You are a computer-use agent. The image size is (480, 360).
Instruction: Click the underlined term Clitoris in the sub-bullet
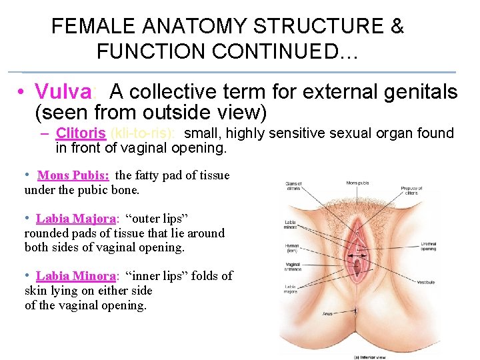coord(81,133)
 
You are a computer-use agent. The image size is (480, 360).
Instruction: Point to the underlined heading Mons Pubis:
coord(73,176)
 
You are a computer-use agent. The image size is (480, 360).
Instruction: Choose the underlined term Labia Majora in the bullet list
coord(76,219)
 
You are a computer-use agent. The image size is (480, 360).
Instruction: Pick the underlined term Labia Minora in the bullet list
coord(76,276)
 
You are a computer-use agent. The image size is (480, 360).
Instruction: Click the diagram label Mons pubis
coord(359,183)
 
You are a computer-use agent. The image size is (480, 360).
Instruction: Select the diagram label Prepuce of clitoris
coord(412,191)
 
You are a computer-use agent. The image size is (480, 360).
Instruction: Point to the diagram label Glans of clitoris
coord(294,187)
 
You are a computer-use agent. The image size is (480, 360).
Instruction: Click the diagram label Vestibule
coord(427,283)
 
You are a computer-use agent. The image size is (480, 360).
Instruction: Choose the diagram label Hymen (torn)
coord(293,247)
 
